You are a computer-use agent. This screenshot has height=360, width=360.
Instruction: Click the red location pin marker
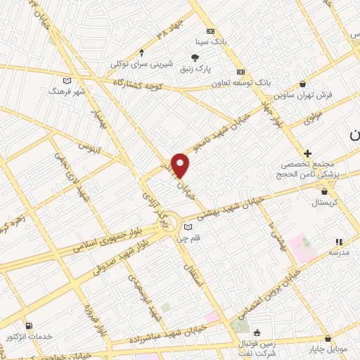point(181,165)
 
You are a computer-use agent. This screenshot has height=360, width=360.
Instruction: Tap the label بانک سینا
point(210,43)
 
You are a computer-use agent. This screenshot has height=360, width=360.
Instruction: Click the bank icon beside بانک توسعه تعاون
point(240,72)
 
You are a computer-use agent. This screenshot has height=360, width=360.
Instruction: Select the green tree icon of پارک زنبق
point(195,58)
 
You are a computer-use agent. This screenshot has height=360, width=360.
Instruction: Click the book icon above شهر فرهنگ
point(67,80)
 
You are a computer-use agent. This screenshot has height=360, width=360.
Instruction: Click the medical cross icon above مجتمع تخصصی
point(307,153)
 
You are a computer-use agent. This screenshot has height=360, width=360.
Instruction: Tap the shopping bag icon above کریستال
point(324,191)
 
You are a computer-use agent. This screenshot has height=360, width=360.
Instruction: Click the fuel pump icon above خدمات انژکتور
point(29,326)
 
